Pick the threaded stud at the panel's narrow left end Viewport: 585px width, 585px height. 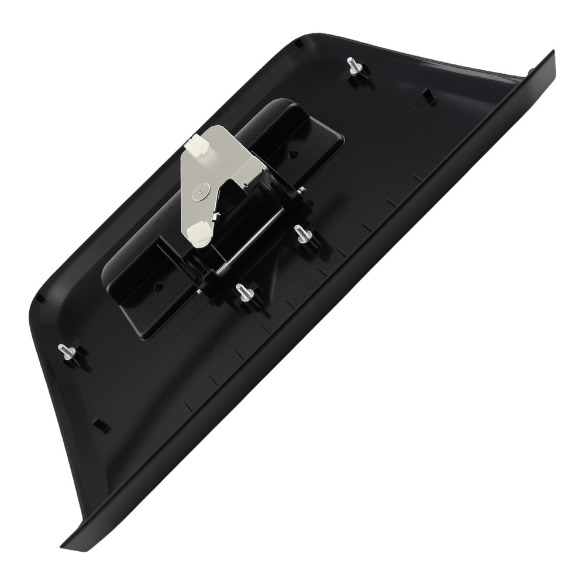(66, 352)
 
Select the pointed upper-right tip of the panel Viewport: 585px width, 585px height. (552, 54)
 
